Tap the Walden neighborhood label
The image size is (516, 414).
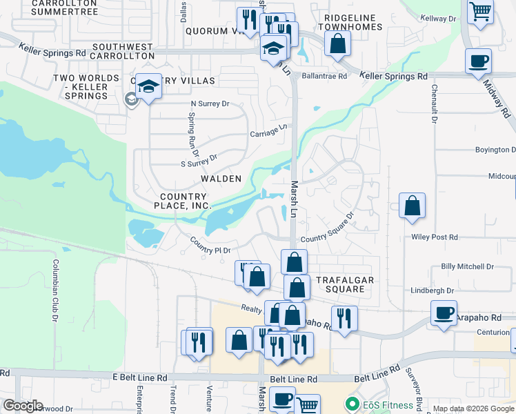[x=221, y=179]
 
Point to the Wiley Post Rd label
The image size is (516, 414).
[x=435, y=237]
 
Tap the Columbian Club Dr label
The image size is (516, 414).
[x=54, y=286]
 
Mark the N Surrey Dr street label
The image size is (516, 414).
[x=209, y=104]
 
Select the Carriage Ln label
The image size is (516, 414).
[x=268, y=130]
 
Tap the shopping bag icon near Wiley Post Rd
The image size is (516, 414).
[x=412, y=206]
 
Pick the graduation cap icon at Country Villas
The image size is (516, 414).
[x=148, y=86]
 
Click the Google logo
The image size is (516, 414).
[x=23, y=405]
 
